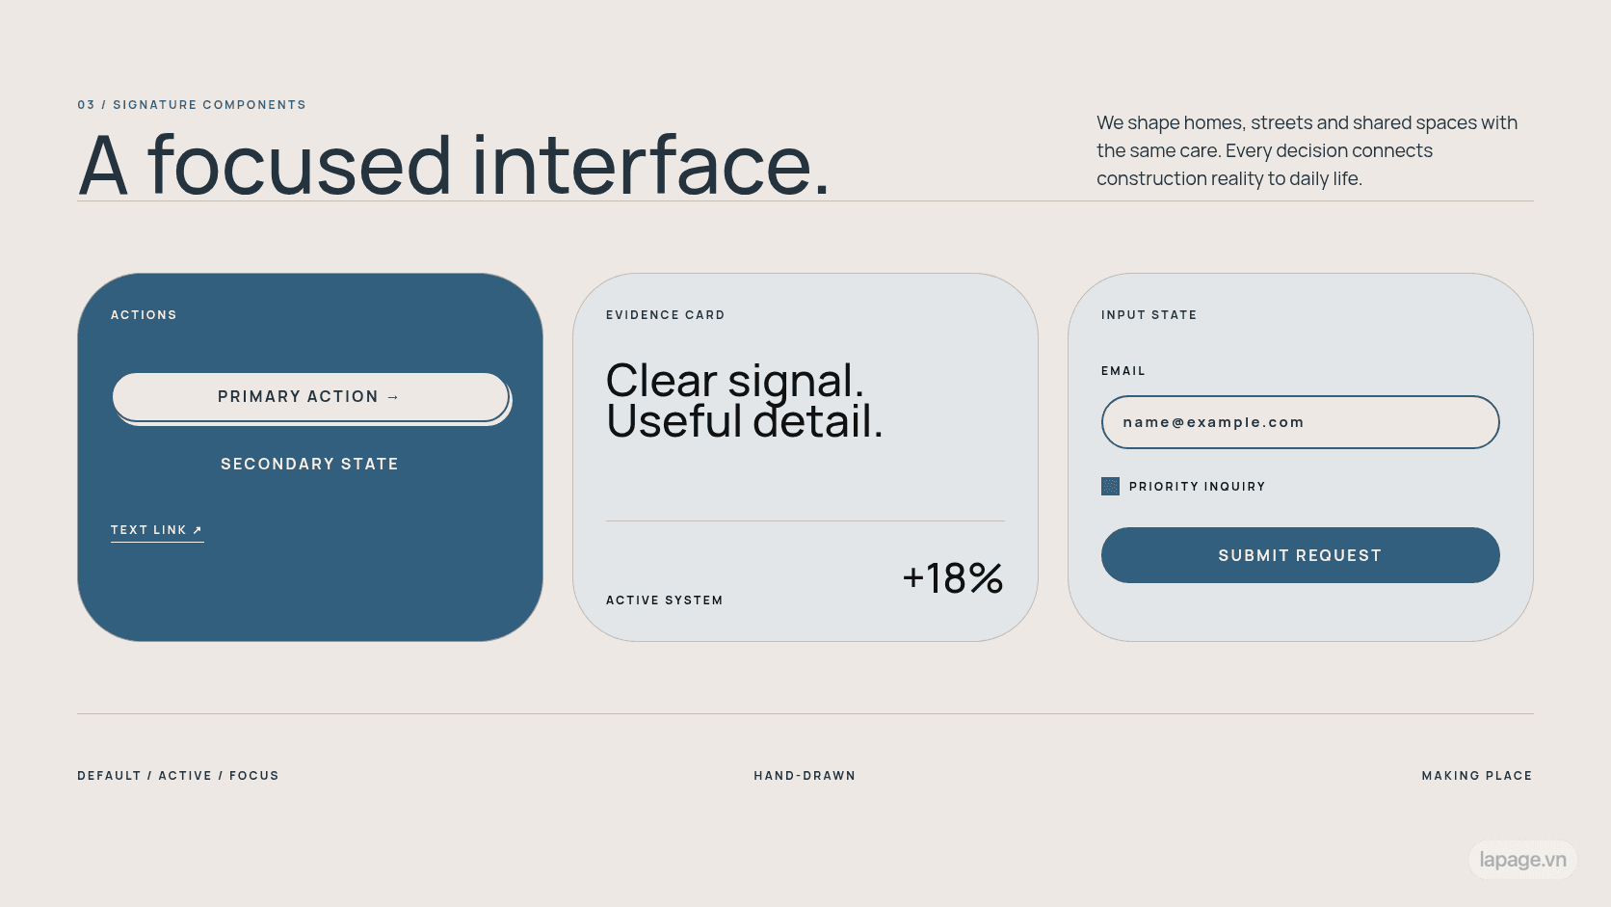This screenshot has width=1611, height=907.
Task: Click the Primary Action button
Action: (x=310, y=397)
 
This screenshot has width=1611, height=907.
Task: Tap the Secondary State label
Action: (x=310, y=464)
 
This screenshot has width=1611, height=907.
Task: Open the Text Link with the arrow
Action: (x=157, y=530)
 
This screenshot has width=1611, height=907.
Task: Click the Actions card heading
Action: (x=144, y=315)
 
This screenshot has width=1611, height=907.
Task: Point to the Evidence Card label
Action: (x=665, y=315)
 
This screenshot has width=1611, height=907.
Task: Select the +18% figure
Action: (x=952, y=577)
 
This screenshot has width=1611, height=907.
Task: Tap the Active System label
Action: (x=665, y=600)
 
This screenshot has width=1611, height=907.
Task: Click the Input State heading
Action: (x=1149, y=315)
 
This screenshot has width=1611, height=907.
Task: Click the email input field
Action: (x=1301, y=422)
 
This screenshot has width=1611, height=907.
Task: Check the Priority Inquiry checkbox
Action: (x=1110, y=486)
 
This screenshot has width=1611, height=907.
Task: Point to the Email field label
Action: (x=1123, y=371)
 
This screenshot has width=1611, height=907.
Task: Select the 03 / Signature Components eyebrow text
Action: (x=192, y=105)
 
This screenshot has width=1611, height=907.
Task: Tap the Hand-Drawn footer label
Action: (x=805, y=776)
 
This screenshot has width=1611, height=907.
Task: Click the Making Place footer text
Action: (x=1477, y=776)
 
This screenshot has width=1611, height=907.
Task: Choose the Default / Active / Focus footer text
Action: (x=178, y=776)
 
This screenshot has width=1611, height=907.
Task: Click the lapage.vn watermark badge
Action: (x=1522, y=860)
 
